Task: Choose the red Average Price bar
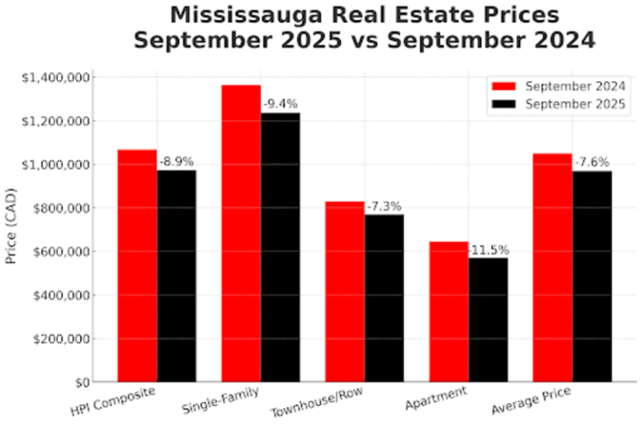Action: click(553, 267)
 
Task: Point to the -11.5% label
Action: click(488, 250)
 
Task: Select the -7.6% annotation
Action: click(592, 162)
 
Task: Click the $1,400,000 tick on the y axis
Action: click(59, 78)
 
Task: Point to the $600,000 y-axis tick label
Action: click(66, 251)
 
